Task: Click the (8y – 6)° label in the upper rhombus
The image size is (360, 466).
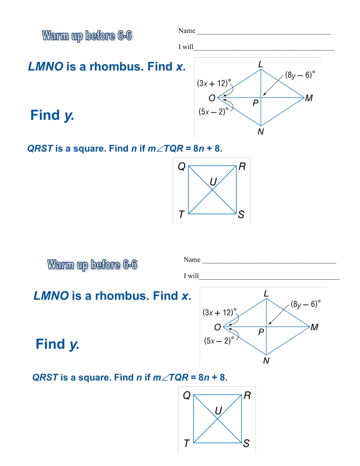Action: pyautogui.click(x=300, y=75)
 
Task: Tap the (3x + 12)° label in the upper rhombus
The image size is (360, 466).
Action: pyautogui.click(x=214, y=83)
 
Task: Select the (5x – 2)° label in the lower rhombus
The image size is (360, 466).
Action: pyautogui.click(x=219, y=340)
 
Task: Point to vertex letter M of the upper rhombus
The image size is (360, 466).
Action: pyautogui.click(x=309, y=98)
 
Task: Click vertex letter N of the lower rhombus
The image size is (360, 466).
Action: pyautogui.click(x=266, y=361)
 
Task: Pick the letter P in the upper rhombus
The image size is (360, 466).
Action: pyautogui.click(x=256, y=103)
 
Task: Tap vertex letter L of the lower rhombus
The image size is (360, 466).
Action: pyautogui.click(x=266, y=293)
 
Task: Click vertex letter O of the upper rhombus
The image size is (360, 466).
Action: pyautogui.click(x=212, y=98)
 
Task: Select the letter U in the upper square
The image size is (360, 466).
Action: pyautogui.click(x=213, y=182)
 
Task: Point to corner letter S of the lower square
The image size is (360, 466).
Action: pyautogui.click(x=246, y=444)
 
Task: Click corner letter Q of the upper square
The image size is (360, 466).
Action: pyautogui.click(x=182, y=167)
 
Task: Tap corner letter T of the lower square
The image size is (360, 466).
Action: pyautogui.click(x=186, y=444)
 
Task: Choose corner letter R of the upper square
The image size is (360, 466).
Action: pyautogui.click(x=242, y=167)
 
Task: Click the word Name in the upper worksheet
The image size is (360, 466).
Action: pyautogui.click(x=187, y=31)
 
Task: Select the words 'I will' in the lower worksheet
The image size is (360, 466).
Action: pyautogui.click(x=191, y=276)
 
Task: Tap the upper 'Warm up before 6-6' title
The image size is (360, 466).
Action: pyautogui.click(x=87, y=36)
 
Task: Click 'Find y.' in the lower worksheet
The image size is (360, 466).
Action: pyautogui.click(x=57, y=344)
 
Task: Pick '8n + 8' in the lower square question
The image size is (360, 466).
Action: pyautogui.click(x=213, y=377)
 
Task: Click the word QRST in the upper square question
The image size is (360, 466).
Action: pyautogui.click(x=40, y=148)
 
